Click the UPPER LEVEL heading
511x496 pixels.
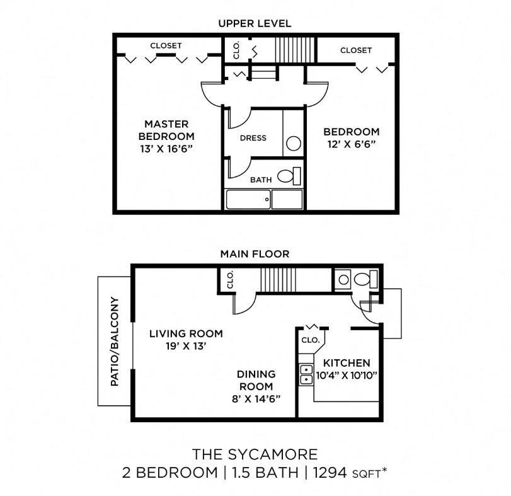point(255,23)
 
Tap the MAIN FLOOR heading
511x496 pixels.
point(255,254)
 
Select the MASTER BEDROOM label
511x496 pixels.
point(166,130)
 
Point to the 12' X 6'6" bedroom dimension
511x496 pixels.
point(351,144)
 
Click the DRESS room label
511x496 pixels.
point(253,138)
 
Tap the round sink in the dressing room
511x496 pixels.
point(293,143)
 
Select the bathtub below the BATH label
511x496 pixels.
point(264,200)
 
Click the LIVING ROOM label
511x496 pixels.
point(186,333)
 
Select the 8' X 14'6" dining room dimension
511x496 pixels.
point(255,398)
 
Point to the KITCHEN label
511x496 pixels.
point(346,363)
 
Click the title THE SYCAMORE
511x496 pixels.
point(255,454)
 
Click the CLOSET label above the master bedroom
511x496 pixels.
point(166,45)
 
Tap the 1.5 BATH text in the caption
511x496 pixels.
point(265,472)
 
